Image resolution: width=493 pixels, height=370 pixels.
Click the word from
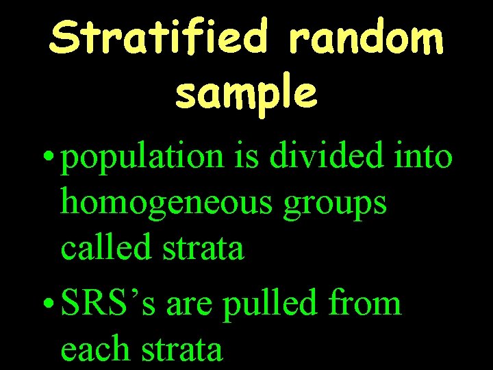366,302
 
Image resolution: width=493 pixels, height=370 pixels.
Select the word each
95,349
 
